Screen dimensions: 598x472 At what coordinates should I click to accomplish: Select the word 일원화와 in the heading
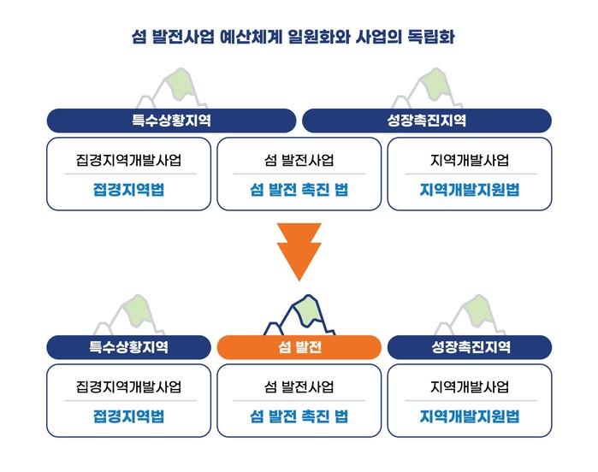coord(319,37)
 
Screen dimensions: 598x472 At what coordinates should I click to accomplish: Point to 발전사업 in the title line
coord(183,37)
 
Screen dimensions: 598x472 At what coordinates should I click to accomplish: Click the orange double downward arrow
coord(299,251)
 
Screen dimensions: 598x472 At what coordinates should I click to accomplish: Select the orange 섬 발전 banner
coord(299,347)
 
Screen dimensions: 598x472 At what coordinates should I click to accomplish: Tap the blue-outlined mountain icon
coord(299,315)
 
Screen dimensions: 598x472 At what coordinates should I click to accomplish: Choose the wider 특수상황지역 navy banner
coord(171,121)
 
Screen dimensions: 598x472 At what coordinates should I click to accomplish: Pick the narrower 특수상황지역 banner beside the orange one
coord(128,347)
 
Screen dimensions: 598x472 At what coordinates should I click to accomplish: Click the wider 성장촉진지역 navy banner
coord(427,121)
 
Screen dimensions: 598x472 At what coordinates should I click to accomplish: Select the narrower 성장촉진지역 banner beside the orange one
coord(470,347)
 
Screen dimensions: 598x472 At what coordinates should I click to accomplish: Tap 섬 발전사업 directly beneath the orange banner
coord(299,386)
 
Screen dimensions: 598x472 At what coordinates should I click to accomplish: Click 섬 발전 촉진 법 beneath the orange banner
coord(299,416)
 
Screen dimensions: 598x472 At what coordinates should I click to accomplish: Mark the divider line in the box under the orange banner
coord(299,401)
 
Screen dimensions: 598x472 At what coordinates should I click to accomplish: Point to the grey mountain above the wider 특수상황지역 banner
coord(172,88)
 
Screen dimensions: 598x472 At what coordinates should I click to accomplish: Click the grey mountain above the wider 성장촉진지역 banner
coord(428,88)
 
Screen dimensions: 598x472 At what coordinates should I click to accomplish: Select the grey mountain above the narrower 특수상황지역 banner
coord(129,315)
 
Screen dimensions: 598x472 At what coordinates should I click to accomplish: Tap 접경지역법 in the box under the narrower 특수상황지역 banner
coord(128,416)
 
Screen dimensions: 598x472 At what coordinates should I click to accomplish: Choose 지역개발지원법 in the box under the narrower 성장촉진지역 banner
coord(470,416)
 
